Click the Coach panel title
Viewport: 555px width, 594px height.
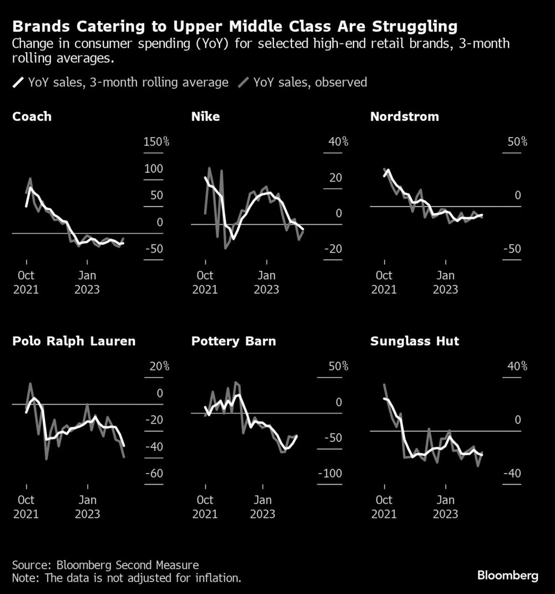point(32,117)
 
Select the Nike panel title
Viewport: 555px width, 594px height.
point(205,117)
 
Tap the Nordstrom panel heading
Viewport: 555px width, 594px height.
point(404,117)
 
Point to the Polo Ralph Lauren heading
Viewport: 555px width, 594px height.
point(74,341)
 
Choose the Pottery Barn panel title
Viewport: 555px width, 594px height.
point(233,341)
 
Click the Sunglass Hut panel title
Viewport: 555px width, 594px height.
point(415,341)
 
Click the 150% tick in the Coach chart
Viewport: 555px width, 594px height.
point(156,142)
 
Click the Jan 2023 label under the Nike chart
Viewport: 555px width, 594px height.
point(266,282)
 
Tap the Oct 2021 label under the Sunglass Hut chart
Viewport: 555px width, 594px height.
point(384,507)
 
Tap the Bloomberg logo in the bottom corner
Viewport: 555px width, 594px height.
point(508,575)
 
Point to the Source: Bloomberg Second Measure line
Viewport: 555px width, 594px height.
point(105,565)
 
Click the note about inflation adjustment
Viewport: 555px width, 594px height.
point(127,578)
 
